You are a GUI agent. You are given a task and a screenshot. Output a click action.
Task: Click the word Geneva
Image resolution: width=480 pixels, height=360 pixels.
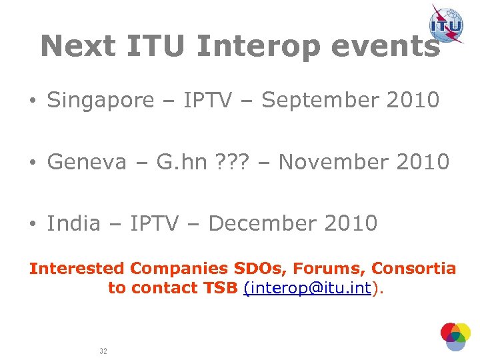(87, 162)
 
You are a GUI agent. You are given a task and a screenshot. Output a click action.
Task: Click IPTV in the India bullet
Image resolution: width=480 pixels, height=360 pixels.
(155, 223)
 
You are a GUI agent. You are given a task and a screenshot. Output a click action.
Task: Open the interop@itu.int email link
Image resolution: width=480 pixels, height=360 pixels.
(309, 289)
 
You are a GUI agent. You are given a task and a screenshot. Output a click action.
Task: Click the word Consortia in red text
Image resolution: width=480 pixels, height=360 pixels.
(413, 269)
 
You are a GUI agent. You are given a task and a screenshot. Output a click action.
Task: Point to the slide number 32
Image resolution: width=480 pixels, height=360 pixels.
(103, 350)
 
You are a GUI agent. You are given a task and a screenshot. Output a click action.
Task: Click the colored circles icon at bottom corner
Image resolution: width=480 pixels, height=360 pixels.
(455, 336)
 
